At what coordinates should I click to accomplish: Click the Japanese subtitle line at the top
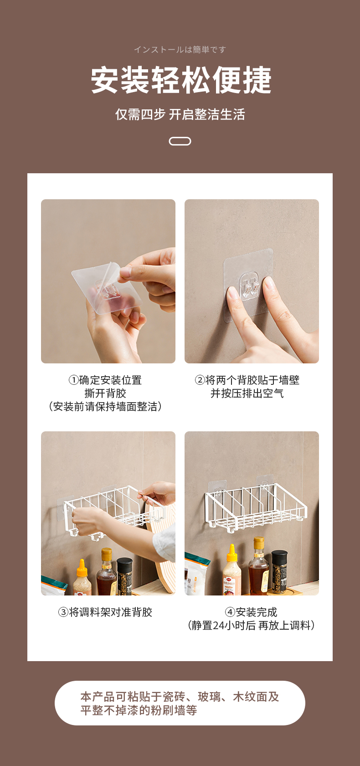(x=180, y=50)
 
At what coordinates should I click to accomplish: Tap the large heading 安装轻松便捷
(x=181, y=80)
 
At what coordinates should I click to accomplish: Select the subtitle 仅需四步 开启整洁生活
(x=180, y=114)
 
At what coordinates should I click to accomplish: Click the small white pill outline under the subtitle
(x=180, y=141)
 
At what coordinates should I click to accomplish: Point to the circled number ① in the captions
(x=73, y=380)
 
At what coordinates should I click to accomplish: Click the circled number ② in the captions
(x=200, y=380)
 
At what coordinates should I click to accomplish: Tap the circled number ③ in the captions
(x=63, y=612)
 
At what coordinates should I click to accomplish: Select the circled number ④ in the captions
(x=230, y=612)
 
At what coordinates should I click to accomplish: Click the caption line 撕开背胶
(x=105, y=393)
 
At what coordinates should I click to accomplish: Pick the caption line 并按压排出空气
(x=247, y=393)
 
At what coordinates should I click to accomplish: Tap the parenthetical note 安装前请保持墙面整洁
(x=105, y=407)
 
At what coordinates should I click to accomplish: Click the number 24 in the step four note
(x=218, y=626)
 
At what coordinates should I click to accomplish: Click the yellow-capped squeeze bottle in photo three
(x=82, y=578)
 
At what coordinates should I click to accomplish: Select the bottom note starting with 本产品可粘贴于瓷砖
(x=180, y=704)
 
